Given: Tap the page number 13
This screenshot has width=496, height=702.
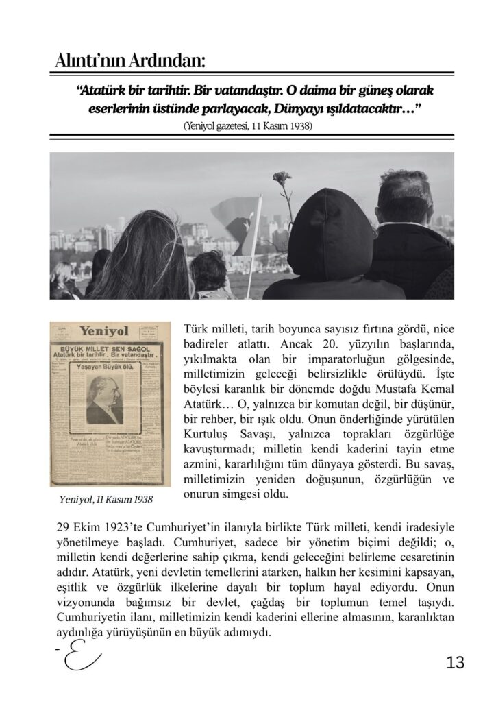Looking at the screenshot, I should click(454, 663).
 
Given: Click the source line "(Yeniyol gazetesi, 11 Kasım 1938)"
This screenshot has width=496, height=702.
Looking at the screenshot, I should click(248, 126).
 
